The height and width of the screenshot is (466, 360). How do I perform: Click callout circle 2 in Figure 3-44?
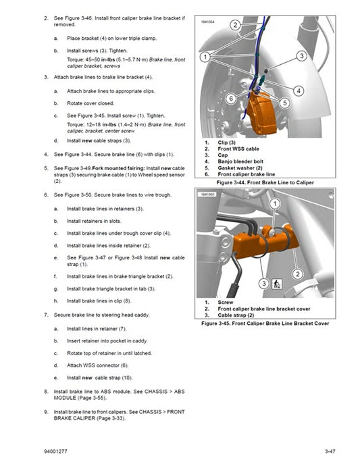pos(235,25)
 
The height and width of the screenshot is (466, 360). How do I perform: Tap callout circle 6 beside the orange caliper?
pos(230,99)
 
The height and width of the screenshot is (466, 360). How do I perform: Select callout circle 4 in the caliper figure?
pos(298,90)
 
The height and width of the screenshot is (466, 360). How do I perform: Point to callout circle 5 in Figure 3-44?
pos(284,103)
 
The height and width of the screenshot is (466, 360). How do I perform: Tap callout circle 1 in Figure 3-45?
pos(275,203)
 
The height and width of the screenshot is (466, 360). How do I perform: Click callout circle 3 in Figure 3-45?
pos(263,285)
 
